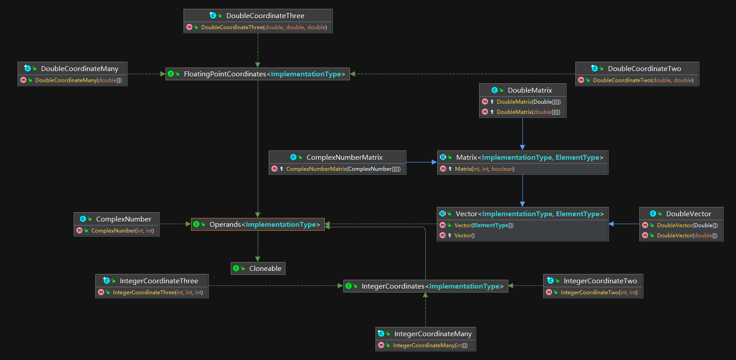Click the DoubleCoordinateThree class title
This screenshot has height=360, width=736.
[265, 15]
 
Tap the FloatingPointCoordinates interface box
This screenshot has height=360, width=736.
[258, 74]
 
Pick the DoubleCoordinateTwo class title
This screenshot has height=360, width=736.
[644, 68]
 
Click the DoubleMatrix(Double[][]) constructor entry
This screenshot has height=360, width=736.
[528, 102]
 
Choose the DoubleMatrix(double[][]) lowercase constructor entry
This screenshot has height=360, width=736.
[528, 112]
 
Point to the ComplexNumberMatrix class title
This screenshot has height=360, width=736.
[344, 157]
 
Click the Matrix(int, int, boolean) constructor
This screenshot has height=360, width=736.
[484, 169]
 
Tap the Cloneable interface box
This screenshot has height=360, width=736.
[258, 269]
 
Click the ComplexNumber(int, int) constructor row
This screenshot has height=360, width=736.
[122, 231]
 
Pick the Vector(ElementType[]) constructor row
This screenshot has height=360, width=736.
[484, 225]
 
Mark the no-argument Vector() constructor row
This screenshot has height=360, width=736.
[464, 236]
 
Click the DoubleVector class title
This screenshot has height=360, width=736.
[688, 214]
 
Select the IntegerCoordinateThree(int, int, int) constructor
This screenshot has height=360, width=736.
[158, 292]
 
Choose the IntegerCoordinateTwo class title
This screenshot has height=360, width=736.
[600, 281]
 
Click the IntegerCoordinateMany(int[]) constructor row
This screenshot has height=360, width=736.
[430, 345]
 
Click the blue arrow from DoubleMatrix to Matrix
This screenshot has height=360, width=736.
[522, 132]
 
